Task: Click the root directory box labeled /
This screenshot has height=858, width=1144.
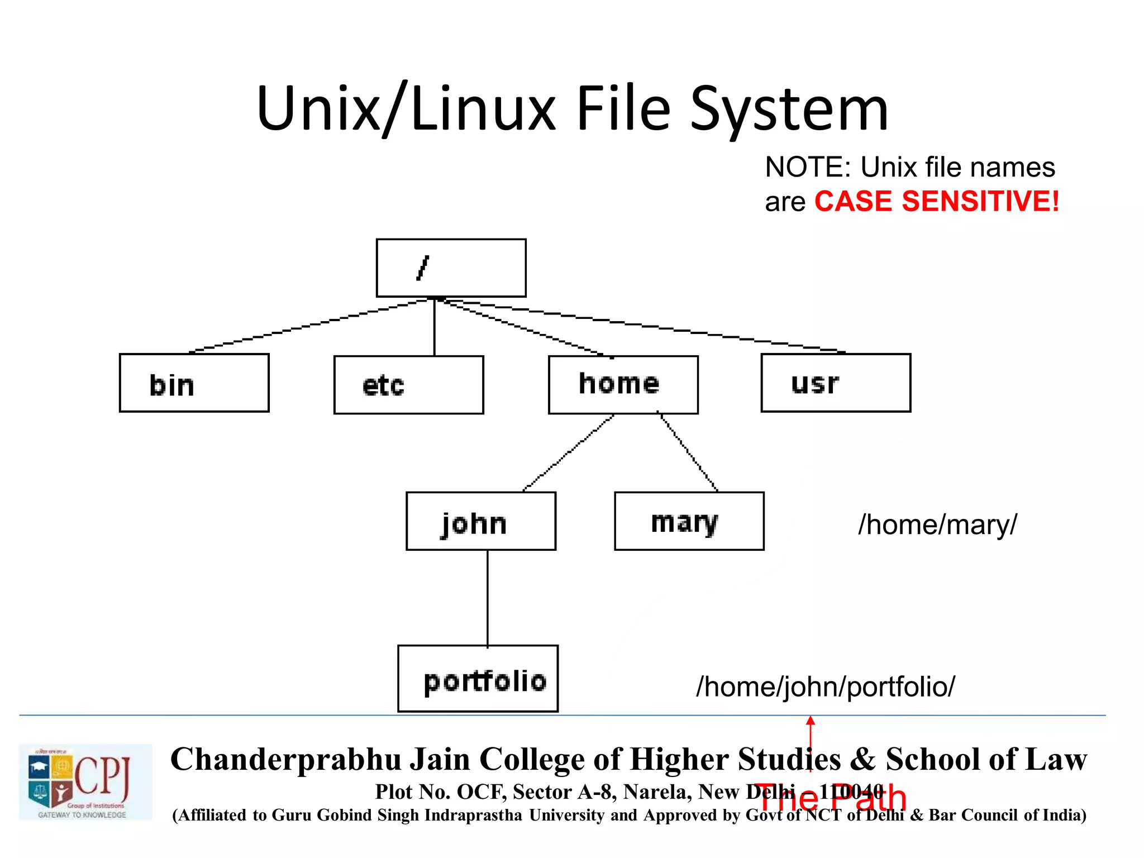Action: click(451, 268)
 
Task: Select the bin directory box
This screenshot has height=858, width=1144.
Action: click(194, 383)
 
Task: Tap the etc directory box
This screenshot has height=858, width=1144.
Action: click(408, 385)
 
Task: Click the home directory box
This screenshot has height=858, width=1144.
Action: click(623, 384)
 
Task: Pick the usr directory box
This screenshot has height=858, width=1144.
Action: click(836, 383)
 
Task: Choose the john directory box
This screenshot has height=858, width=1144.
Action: click(480, 521)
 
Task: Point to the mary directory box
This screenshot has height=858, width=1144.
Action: click(689, 521)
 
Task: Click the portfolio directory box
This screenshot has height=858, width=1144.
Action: click(478, 679)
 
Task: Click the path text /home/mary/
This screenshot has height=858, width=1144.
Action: click(937, 525)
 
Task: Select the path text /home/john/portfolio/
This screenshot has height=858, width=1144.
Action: click(825, 687)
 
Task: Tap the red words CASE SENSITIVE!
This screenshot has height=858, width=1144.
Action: click(936, 201)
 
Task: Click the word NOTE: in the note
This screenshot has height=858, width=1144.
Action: click(808, 167)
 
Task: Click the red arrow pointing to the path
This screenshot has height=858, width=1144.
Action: click(811, 743)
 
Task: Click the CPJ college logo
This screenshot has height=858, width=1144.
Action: click(85, 781)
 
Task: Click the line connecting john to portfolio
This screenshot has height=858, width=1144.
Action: click(488, 598)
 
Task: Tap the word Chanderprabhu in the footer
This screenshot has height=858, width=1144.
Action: click(285, 760)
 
